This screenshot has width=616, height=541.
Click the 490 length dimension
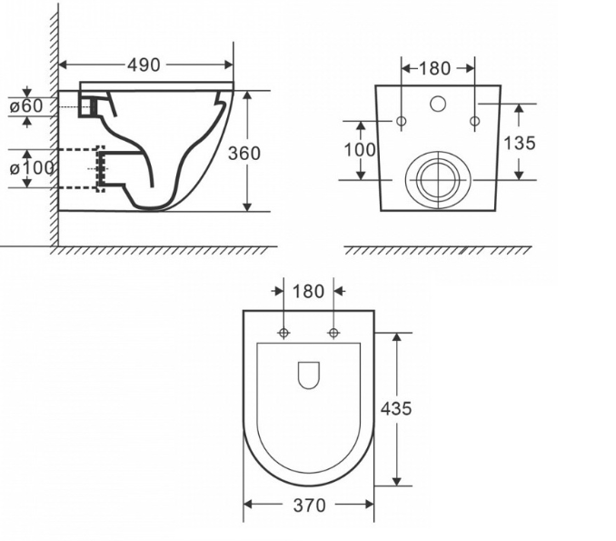(x=144, y=65)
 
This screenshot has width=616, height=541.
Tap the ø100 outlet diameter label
(x=33, y=167)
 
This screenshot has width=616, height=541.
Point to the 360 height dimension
(x=244, y=153)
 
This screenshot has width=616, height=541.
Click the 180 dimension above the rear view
(x=437, y=68)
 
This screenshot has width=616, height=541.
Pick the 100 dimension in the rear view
(x=360, y=149)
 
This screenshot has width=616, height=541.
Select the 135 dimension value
(x=520, y=143)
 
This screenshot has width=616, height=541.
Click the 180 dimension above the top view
(x=309, y=291)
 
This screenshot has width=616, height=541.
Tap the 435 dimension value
(x=395, y=408)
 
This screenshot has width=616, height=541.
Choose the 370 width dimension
(x=309, y=506)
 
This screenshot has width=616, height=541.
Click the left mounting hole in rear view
(x=402, y=122)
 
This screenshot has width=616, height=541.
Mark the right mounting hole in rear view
(x=473, y=122)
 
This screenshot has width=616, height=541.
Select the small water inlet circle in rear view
(x=437, y=103)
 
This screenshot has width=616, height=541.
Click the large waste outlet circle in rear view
(x=437, y=179)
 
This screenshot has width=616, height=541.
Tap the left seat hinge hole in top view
(x=283, y=333)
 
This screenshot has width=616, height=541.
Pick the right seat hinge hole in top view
(x=333, y=333)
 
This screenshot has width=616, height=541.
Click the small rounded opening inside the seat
(x=309, y=374)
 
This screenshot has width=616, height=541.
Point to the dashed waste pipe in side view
(x=80, y=167)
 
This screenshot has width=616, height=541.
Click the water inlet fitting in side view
(x=88, y=106)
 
